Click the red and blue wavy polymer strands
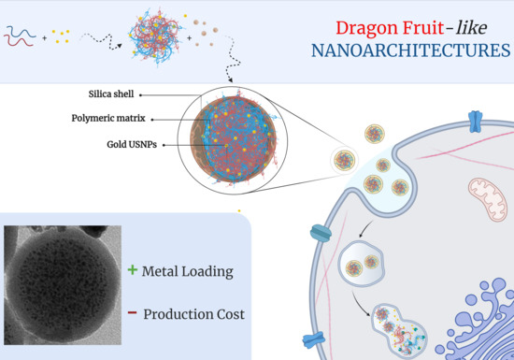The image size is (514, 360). (x=21, y=37)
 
